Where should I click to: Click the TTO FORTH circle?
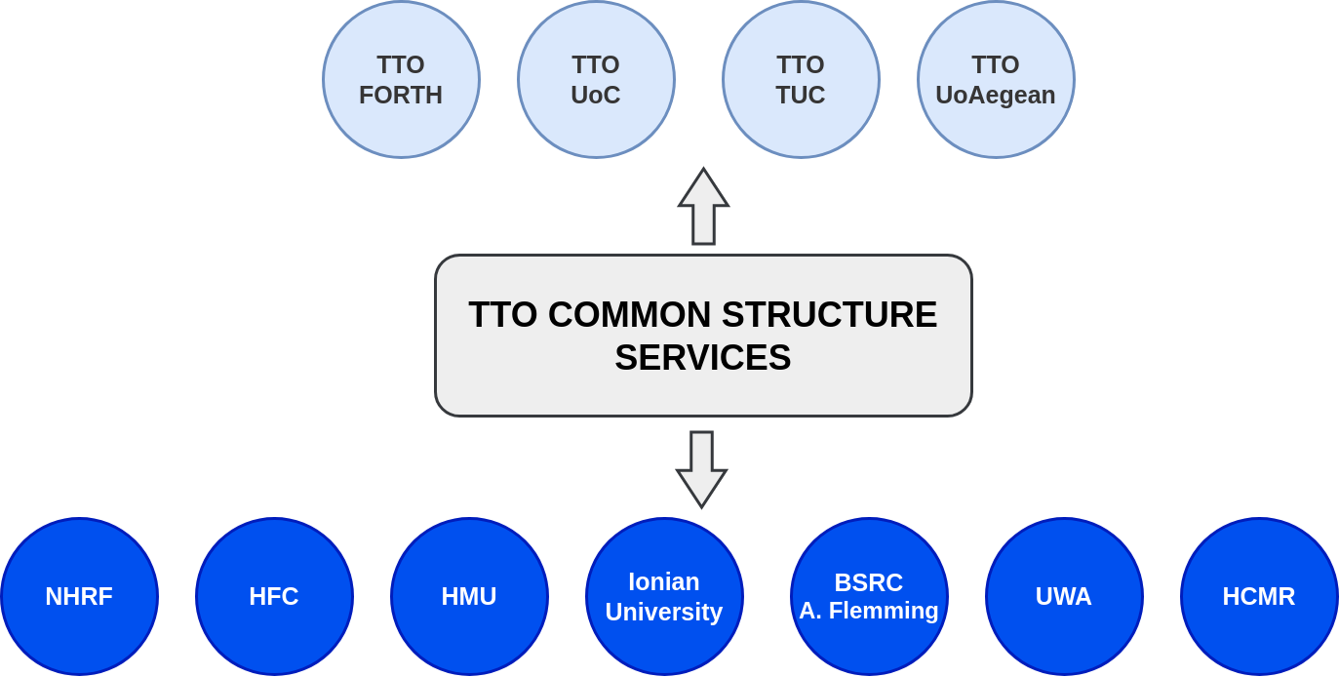coord(401,80)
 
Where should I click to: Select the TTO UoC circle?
coord(597,80)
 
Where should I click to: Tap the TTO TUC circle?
coord(801,80)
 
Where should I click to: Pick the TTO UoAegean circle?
coord(997,80)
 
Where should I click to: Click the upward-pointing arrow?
coord(703,207)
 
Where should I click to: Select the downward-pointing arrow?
coord(702,469)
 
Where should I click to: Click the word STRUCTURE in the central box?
coord(829,314)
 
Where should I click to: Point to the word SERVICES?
coord(703,358)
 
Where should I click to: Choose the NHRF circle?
coord(80,597)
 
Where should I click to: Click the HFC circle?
coord(274,597)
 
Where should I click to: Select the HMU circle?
coord(469,597)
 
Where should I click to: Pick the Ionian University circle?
coord(665,597)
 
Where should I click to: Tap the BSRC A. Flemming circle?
coord(869,597)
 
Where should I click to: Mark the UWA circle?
coord(1064,597)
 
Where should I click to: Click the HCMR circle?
coord(1259,597)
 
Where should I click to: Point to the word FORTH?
coord(401,95)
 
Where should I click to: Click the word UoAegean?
coord(996,96)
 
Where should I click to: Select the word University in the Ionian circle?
coord(664,613)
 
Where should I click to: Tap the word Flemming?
coord(884,612)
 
